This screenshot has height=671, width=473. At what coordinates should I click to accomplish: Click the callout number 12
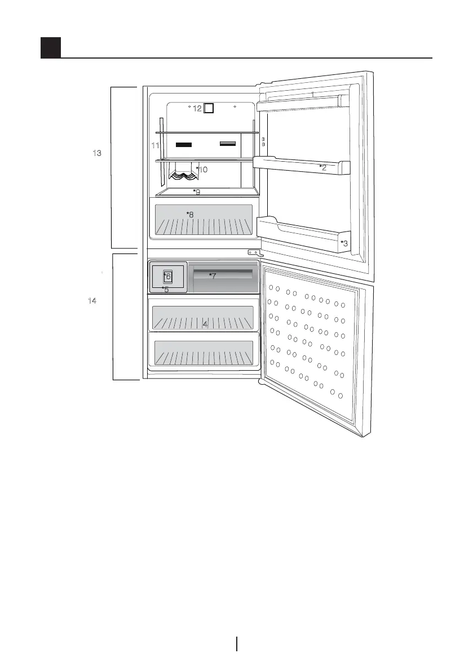pyautogui.click(x=197, y=108)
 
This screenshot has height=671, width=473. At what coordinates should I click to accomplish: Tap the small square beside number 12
pyautogui.click(x=209, y=108)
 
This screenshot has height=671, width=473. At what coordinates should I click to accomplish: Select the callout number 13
pyautogui.click(x=97, y=153)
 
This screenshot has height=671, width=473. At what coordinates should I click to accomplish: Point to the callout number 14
pyautogui.click(x=92, y=301)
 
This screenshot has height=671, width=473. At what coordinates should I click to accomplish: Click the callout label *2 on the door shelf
pyautogui.click(x=323, y=167)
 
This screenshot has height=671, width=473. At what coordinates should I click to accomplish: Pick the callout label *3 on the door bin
pyautogui.click(x=344, y=243)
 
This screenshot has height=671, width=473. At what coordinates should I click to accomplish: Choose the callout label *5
pyautogui.click(x=165, y=290)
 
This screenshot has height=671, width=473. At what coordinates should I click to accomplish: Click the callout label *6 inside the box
pyautogui.click(x=167, y=275)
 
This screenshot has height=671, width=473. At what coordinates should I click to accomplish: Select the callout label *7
pyautogui.click(x=213, y=275)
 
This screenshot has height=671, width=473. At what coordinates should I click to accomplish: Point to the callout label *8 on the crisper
pyautogui.click(x=190, y=214)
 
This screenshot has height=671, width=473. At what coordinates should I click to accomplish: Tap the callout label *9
pyautogui.click(x=197, y=192)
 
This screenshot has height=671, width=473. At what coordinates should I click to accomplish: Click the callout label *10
pyautogui.click(x=201, y=169)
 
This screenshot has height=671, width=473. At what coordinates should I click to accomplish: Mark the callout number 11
pyautogui.click(x=156, y=145)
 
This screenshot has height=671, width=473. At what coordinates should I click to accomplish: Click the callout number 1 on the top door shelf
pyautogui.click(x=312, y=94)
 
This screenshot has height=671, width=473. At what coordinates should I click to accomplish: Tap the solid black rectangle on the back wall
pyautogui.click(x=184, y=144)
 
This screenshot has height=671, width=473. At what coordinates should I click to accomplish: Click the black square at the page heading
pyautogui.click(x=51, y=48)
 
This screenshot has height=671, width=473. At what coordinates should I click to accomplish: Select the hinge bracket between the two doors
pyautogui.click(x=254, y=253)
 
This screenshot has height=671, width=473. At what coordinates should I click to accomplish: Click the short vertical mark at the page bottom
pyautogui.click(x=237, y=643)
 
